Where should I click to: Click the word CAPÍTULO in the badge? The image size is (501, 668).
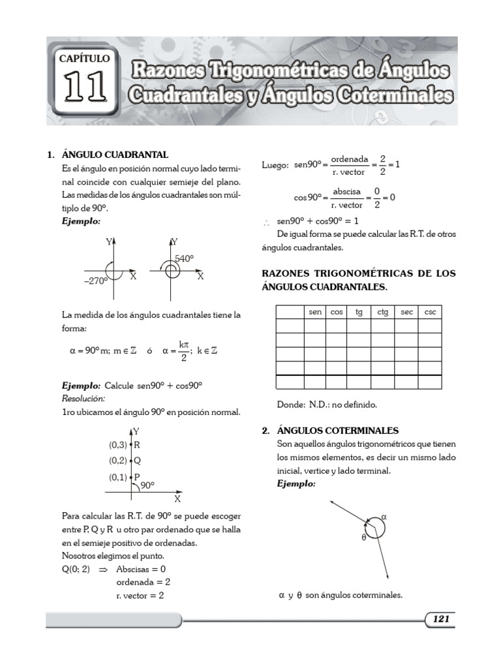[85, 58]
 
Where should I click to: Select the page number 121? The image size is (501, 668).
[440, 619]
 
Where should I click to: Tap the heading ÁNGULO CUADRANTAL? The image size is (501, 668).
[115, 155]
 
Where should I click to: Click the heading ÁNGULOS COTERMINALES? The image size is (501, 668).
[338, 431]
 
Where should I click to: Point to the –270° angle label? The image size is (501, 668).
[95, 281]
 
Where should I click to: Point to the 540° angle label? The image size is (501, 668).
[184, 258]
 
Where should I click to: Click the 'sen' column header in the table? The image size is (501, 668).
[315, 312]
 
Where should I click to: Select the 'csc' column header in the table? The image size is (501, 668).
[430, 312]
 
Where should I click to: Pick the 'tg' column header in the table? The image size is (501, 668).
[359, 312]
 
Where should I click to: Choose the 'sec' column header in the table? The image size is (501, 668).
[406, 312]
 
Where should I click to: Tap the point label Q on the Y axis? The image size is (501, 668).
[137, 461]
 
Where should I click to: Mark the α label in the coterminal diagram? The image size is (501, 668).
[384, 516]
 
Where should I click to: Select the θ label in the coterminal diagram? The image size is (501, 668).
[363, 538]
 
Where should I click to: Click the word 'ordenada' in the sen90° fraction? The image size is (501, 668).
[350, 159]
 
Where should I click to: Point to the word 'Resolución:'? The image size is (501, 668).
[83, 398]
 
